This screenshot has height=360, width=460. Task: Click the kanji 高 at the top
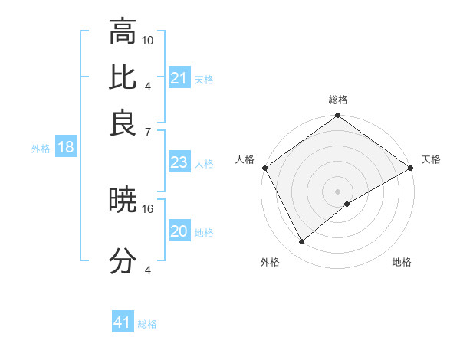(x=123, y=32)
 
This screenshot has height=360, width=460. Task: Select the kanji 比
(x=123, y=78)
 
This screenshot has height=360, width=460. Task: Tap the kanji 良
(x=123, y=123)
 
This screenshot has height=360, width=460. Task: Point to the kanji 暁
(x=123, y=201)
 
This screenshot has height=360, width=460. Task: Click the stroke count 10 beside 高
(x=148, y=40)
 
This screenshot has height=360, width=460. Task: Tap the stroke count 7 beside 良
(x=147, y=133)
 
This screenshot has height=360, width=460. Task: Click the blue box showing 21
(x=179, y=78)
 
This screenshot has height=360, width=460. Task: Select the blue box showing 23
(x=179, y=162)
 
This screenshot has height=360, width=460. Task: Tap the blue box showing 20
(x=179, y=231)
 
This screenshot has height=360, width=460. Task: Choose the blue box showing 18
(x=66, y=148)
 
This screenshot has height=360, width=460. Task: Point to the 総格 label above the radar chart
(x=338, y=100)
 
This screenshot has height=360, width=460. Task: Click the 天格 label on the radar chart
(x=431, y=159)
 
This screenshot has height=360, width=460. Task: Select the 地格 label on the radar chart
(x=402, y=262)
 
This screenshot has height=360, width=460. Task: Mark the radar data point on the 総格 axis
(x=338, y=116)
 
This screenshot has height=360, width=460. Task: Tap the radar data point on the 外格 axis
(x=302, y=241)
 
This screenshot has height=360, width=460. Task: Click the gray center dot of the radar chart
(x=338, y=191)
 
